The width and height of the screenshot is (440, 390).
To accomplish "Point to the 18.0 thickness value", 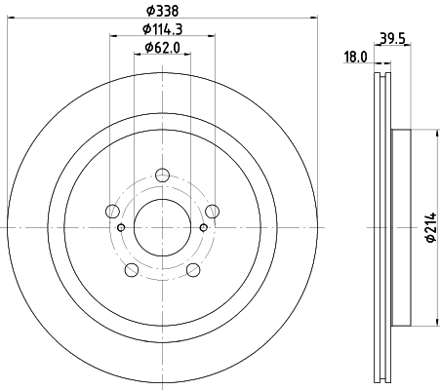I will tap(356, 58).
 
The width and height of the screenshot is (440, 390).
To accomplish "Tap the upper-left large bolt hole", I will tap(113, 212).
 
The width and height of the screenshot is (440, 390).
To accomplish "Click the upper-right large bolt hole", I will tap(211, 212).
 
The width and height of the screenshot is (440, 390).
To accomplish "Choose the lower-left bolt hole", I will tap(132, 269).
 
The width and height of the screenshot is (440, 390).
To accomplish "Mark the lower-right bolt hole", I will tap(192, 269).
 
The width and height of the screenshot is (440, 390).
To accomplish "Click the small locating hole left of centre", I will tap(121, 228).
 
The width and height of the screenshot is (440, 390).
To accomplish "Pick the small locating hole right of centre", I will tap(203, 228).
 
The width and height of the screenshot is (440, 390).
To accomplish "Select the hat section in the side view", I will tap(400, 228).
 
